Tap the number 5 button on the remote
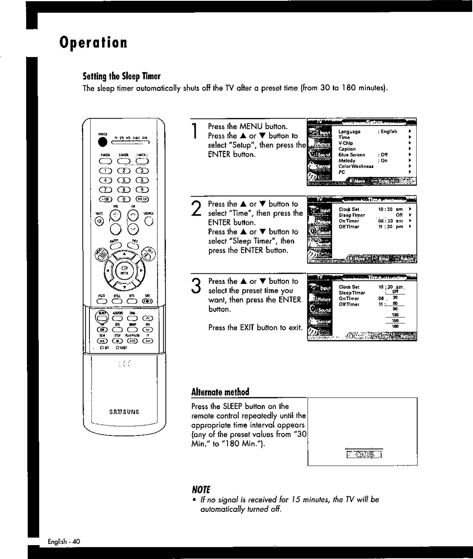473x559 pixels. click(x=124, y=180)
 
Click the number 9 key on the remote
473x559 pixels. click(x=142, y=189)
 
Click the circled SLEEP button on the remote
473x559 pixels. click(x=102, y=317)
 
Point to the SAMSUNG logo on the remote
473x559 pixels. click(x=124, y=411)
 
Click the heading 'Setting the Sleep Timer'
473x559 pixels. click(x=121, y=76)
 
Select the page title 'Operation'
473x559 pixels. click(x=94, y=42)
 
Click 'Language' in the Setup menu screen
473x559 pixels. click(x=349, y=131)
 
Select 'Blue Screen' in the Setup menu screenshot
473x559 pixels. click(x=352, y=155)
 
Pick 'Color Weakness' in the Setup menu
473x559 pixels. click(x=356, y=167)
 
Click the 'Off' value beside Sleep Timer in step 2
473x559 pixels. click(x=399, y=215)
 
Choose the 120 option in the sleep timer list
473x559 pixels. click(x=395, y=315)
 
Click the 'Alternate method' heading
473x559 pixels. click(x=220, y=392)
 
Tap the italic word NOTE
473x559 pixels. click(x=201, y=489)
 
